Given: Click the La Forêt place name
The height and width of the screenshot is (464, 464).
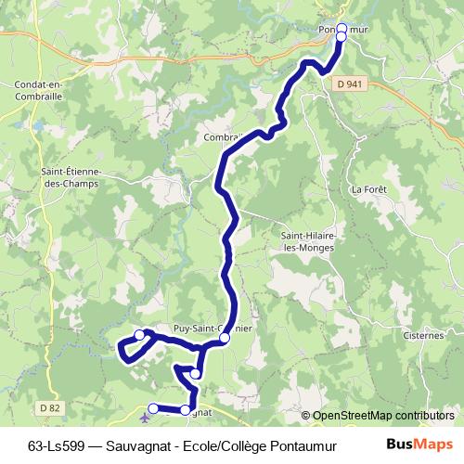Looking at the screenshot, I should click(368, 189).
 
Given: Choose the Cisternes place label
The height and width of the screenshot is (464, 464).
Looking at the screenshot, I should click(425, 335).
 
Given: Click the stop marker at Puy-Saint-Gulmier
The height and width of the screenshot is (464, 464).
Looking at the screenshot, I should click(225, 340).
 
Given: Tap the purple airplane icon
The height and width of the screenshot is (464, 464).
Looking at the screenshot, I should click(144, 418).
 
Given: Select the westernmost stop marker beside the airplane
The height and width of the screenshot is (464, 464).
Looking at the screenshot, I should click(153, 407).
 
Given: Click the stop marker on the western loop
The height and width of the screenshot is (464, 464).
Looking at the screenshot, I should click(139, 335).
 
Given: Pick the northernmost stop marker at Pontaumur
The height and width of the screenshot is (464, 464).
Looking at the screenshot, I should click(342, 28).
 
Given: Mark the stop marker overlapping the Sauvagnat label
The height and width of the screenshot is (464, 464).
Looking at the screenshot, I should click(187, 409).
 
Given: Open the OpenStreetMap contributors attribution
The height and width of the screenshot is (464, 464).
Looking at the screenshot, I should click(382, 416).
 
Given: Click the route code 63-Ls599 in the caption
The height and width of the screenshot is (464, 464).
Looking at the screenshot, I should click(58, 444).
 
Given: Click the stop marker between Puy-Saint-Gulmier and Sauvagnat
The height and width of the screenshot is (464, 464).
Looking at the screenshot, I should click(196, 373).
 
